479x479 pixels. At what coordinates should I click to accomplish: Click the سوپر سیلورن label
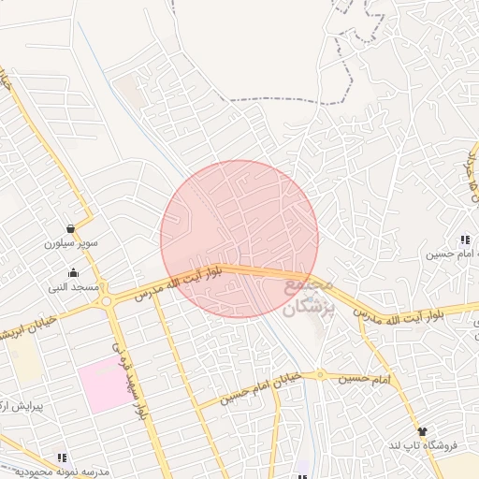coord(71,243)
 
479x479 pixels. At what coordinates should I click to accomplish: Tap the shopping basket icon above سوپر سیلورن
coord(71,228)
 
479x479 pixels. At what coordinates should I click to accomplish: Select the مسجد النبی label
coord(74,287)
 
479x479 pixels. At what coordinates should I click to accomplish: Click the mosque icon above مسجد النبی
coord(74,272)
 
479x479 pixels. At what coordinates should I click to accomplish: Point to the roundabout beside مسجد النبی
coord(108,300)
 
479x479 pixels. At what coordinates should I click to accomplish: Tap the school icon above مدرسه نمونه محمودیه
coord(63,457)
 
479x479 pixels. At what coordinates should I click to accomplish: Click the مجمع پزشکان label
coord(306,295)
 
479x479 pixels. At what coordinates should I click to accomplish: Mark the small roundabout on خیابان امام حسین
coord(320,375)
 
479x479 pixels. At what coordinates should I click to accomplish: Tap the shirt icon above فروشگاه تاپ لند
coord(422,431)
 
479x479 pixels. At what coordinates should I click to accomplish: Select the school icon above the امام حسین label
coord(465,240)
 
